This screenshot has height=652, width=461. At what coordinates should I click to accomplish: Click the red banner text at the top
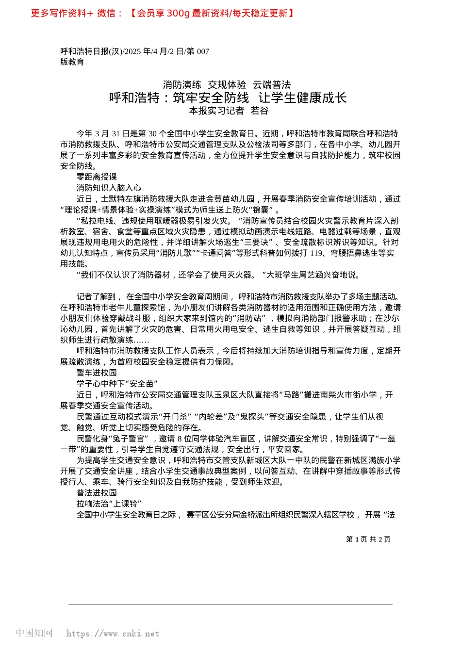tap(163, 13)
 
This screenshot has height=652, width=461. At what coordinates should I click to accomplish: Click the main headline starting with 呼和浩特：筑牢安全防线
tap(228, 98)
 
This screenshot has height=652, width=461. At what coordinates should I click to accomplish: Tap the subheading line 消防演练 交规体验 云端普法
tap(227, 85)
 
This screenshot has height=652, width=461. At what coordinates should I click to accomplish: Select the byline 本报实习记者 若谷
tap(229, 111)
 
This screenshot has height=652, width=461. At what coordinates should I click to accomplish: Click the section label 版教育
tap(72, 62)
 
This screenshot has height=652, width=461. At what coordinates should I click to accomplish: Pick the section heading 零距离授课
tap(97, 177)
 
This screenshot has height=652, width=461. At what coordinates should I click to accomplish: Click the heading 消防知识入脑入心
tap(109, 188)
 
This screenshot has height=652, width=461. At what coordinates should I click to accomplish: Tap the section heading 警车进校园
tap(97, 373)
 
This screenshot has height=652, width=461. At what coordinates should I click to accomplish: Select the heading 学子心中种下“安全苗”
tap(117, 384)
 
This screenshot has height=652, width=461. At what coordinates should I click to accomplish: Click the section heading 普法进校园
tap(97, 493)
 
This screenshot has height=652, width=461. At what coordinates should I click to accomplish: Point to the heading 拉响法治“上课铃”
tap(109, 504)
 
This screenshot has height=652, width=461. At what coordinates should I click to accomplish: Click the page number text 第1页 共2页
tap(368, 539)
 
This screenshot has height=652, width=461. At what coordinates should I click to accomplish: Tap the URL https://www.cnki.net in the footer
tap(113, 634)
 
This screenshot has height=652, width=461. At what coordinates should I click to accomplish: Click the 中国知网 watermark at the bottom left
tap(34, 633)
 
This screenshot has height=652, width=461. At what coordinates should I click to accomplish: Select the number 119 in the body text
tap(316, 253)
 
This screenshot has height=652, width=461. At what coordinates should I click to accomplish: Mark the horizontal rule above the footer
tap(230, 604)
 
